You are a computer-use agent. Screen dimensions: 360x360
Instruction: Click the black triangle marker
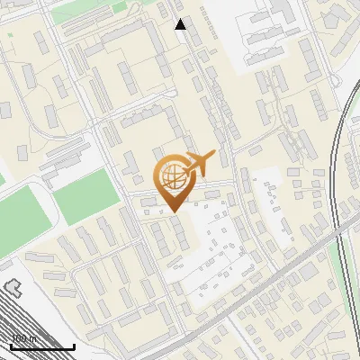click(181, 24)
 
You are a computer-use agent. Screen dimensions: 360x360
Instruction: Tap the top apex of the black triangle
click(181, 19)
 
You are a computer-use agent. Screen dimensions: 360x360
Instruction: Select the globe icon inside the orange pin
click(172, 176)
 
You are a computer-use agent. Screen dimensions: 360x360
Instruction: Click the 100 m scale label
click(24, 339)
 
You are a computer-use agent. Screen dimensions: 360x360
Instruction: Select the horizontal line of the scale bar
click(42, 347)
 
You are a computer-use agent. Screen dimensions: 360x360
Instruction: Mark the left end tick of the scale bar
click(11, 345)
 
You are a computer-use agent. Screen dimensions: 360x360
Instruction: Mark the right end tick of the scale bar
click(74, 345)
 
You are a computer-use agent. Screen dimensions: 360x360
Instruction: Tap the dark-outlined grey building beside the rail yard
click(10, 289)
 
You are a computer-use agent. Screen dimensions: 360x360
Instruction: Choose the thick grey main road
click(270, 288)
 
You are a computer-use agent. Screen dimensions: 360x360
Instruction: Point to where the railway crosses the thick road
click(340, 236)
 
